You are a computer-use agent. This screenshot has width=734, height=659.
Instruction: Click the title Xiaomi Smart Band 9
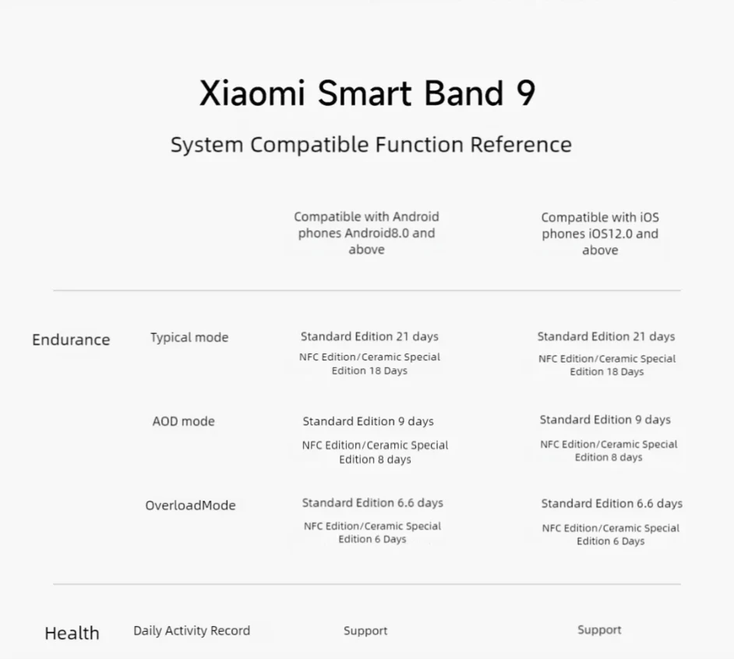pos(367,93)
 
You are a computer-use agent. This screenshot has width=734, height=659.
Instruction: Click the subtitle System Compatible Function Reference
pos(371,144)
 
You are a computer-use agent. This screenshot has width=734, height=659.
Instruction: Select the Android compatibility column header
pos(366,232)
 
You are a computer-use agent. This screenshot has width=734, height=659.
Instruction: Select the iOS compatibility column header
pos(600,233)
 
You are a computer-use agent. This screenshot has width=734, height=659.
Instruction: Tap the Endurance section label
pos(71,339)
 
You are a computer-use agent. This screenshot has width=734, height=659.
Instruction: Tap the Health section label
pos(72,632)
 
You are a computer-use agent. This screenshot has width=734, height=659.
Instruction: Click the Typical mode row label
pos(189,337)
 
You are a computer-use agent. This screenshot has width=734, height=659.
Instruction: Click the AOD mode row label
pos(183,421)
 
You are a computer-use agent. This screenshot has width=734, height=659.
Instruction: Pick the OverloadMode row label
pos(190,505)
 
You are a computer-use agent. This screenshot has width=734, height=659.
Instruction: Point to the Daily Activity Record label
pos(192,630)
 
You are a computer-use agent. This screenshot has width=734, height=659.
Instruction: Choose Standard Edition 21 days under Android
pos(369,336)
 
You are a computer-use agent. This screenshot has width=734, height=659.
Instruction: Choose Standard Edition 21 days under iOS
pos(606,336)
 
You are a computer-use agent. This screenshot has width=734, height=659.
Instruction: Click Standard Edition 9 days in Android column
pos(368,421)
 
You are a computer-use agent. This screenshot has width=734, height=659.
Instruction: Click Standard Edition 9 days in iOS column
pos(605,420)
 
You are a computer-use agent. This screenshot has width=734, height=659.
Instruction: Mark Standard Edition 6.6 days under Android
pos(372,502)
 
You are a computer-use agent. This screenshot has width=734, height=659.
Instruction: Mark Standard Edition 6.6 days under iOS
pos(612,503)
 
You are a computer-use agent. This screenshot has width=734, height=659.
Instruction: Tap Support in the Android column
pos(365,630)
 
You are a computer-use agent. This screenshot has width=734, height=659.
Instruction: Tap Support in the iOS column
pos(599,629)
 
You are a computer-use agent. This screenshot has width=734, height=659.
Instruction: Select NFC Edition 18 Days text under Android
pos(369,363)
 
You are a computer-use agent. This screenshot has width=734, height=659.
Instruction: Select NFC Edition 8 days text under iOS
pos(609,450)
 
